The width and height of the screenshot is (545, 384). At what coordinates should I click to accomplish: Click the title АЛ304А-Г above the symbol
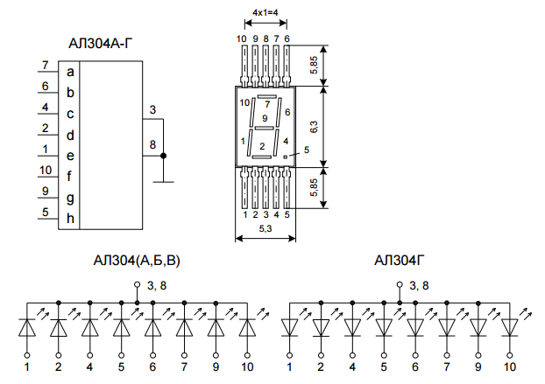click(100, 44)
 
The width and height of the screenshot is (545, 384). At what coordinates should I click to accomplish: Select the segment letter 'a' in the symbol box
click(70, 72)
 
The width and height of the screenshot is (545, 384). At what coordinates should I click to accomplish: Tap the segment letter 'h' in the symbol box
click(70, 218)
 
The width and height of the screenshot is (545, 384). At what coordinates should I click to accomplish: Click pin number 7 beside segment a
click(45, 65)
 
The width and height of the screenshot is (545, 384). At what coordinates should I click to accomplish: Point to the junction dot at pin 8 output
click(163, 156)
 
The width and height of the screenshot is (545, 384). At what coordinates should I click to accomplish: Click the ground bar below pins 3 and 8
click(163, 182)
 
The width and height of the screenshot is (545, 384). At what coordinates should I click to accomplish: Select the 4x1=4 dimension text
click(265, 13)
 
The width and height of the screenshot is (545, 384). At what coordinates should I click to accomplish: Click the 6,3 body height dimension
click(314, 127)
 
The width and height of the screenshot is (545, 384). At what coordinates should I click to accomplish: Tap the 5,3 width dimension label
click(265, 228)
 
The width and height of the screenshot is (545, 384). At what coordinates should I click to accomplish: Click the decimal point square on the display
click(286, 157)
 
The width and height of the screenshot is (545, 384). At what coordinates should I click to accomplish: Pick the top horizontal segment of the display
click(267, 96)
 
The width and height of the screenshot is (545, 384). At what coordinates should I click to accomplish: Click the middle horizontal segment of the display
click(265, 128)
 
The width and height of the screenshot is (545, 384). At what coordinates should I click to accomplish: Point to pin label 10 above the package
click(241, 38)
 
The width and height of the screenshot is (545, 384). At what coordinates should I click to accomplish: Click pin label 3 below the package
click(265, 214)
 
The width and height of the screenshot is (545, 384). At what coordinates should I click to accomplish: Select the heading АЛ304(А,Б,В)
click(137, 261)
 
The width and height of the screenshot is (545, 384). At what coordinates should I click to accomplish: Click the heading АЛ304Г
click(399, 260)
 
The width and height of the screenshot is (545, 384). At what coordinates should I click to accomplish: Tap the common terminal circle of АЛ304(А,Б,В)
click(138, 285)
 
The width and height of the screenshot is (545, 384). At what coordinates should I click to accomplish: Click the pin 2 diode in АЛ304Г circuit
click(321, 328)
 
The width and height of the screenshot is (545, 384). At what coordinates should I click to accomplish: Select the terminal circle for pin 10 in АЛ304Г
click(510, 355)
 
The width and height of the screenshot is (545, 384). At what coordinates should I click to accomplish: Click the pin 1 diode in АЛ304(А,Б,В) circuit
click(27, 328)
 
